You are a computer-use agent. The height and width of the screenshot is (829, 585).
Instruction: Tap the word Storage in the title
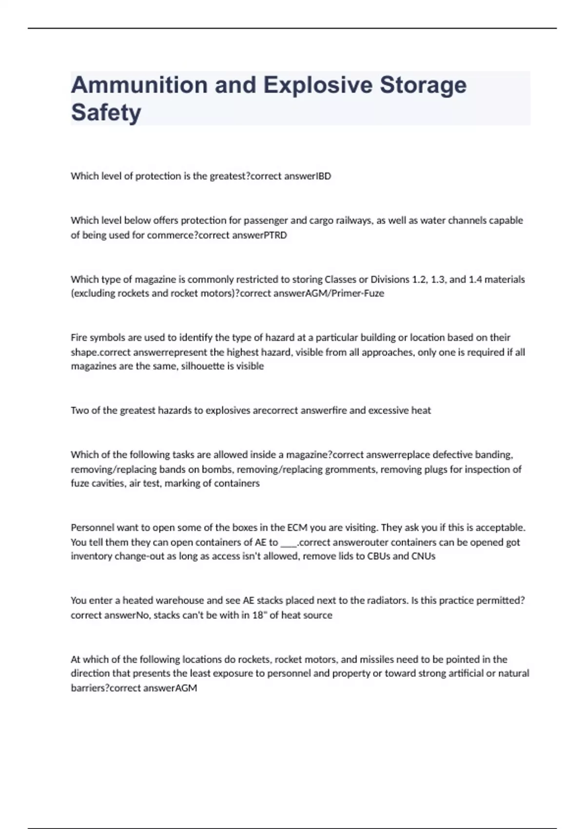[423, 85]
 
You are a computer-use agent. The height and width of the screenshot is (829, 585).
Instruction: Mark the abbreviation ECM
[297, 528]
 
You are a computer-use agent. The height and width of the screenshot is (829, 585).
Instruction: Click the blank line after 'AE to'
[289, 542]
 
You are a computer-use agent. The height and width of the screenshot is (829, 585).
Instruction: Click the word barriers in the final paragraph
[88, 689]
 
